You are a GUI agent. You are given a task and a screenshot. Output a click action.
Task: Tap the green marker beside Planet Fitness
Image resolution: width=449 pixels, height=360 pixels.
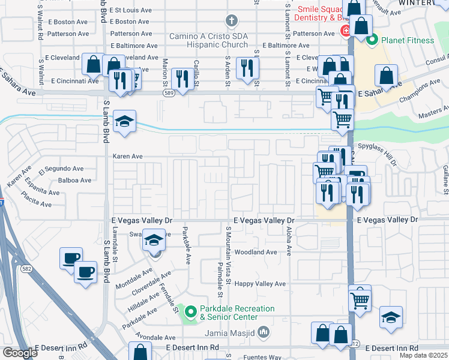tap(372, 41)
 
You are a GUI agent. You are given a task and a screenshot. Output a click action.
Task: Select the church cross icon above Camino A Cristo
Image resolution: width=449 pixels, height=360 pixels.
tap(231, 22)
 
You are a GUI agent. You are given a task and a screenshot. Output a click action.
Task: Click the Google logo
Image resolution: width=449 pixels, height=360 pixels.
tap(20, 353)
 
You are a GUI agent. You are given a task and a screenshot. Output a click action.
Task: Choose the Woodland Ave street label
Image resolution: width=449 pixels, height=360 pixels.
tap(255, 253)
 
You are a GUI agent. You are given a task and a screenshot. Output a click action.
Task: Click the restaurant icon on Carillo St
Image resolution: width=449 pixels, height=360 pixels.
tap(180, 78)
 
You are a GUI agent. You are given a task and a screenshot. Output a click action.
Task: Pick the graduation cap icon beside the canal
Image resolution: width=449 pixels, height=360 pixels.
tap(125, 120)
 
